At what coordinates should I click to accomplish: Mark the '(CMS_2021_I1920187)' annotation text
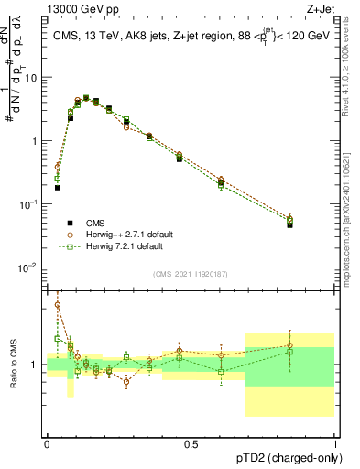tap(191, 275)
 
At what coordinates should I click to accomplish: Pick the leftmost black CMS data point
tap(57, 187)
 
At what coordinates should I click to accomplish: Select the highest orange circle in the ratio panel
tap(57, 305)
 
